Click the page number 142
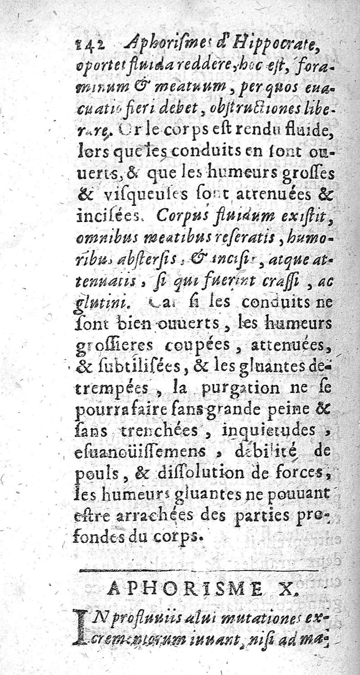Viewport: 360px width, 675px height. (88, 44)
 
